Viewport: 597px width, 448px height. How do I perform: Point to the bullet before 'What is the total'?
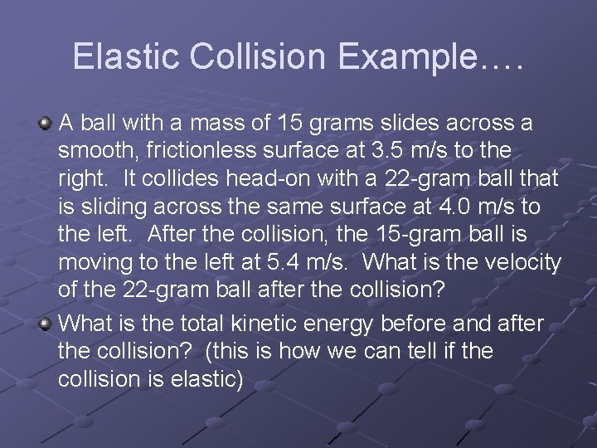coord(46,322)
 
